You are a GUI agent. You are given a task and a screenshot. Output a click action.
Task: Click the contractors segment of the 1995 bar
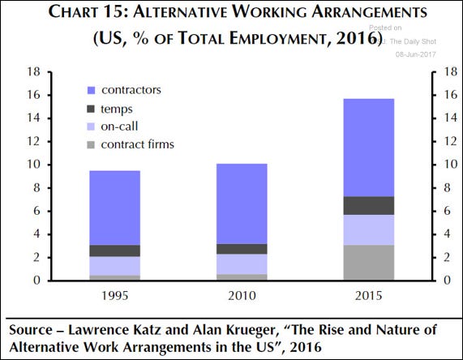pos(114,208)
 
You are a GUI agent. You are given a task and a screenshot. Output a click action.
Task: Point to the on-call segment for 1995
pos(114,266)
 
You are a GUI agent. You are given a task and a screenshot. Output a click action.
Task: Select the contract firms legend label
pos(143,145)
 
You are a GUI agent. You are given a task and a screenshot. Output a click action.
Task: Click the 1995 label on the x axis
pos(114,296)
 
